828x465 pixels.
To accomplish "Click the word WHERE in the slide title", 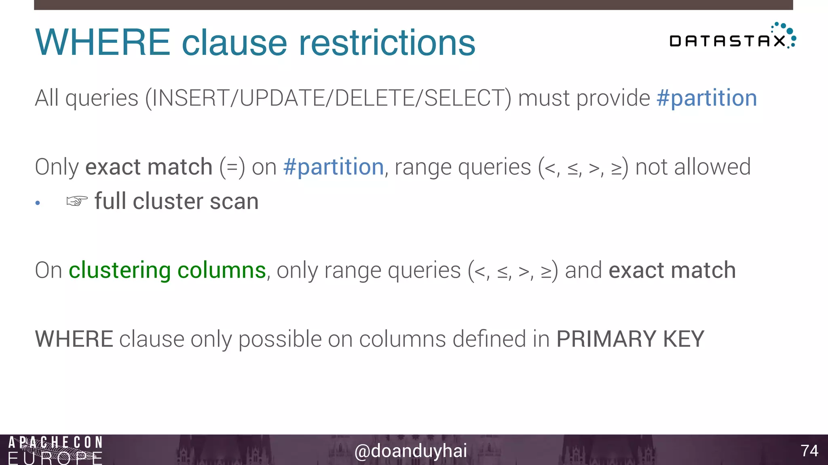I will coord(103,42).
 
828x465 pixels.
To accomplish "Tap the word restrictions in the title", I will coord(387,42).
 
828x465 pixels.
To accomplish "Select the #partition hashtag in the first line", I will coord(706,98).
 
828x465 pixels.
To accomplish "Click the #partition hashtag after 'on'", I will coord(334,167).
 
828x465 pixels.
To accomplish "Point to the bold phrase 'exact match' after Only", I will coord(149,167).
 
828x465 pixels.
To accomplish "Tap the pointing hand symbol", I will coord(77,201).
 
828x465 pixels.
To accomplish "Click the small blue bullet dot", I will coord(38,203).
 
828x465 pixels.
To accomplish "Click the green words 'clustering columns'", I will coord(167,270).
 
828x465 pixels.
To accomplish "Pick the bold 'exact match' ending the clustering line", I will coord(672,270).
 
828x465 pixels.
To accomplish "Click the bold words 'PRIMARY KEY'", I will coord(630,339).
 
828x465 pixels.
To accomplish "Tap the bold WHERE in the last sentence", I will coord(74,339).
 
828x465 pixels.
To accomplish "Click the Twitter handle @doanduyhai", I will coord(410,451).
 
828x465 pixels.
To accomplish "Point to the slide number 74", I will coord(809,450).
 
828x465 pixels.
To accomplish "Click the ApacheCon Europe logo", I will coord(55,450).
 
